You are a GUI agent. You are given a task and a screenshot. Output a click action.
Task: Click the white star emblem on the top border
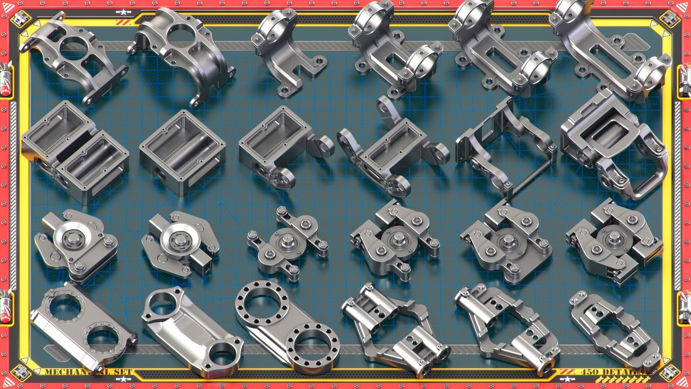123,12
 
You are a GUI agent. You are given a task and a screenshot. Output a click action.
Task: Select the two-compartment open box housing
75,153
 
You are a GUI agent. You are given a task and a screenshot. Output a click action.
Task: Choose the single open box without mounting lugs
182,153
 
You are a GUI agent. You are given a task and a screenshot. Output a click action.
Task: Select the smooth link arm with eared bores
192,333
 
